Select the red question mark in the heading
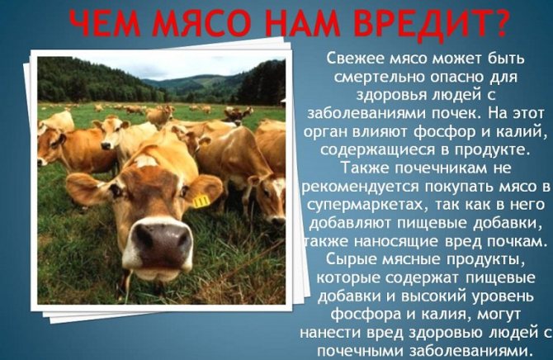point(496,23)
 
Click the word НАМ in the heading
point(300,23)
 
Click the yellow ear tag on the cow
point(201,201)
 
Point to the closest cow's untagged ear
point(85,189)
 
